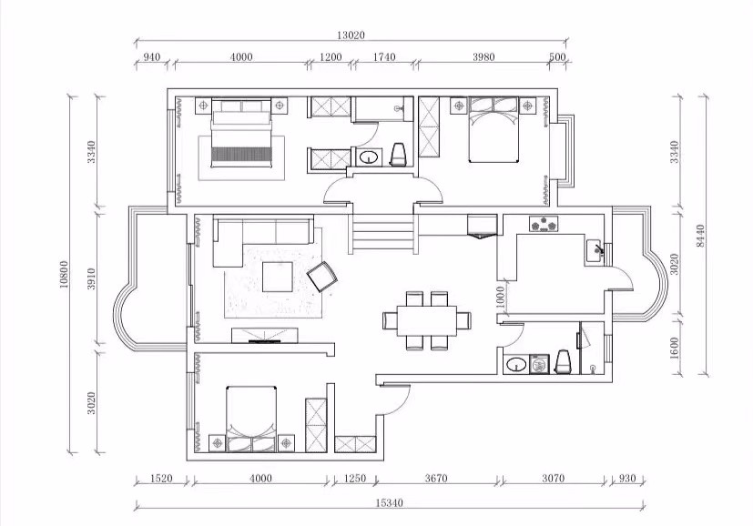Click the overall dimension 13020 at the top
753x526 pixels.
pos(351,35)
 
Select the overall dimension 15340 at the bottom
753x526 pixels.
pos(390,503)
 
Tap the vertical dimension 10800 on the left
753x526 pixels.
pos(65,274)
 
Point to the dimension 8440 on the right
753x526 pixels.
pos(701,236)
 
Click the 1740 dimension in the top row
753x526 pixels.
pos(384,57)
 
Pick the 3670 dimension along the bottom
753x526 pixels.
pos(436,479)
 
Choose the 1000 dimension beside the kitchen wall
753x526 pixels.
pos(500,298)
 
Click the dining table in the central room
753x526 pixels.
pos(427,320)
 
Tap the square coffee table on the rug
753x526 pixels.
pos(278,277)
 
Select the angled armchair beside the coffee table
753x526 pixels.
pos(322,276)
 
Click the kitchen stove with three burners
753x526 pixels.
pos(544,224)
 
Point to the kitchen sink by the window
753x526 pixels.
pos(595,250)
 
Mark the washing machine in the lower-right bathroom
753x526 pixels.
pos(539,364)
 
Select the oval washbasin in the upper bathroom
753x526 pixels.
pos(369,157)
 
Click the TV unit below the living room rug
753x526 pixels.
pos(265,336)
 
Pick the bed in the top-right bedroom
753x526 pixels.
pos(494,129)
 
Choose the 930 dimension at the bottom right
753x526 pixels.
pos(627,479)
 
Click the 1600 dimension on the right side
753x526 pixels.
pos(674,348)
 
